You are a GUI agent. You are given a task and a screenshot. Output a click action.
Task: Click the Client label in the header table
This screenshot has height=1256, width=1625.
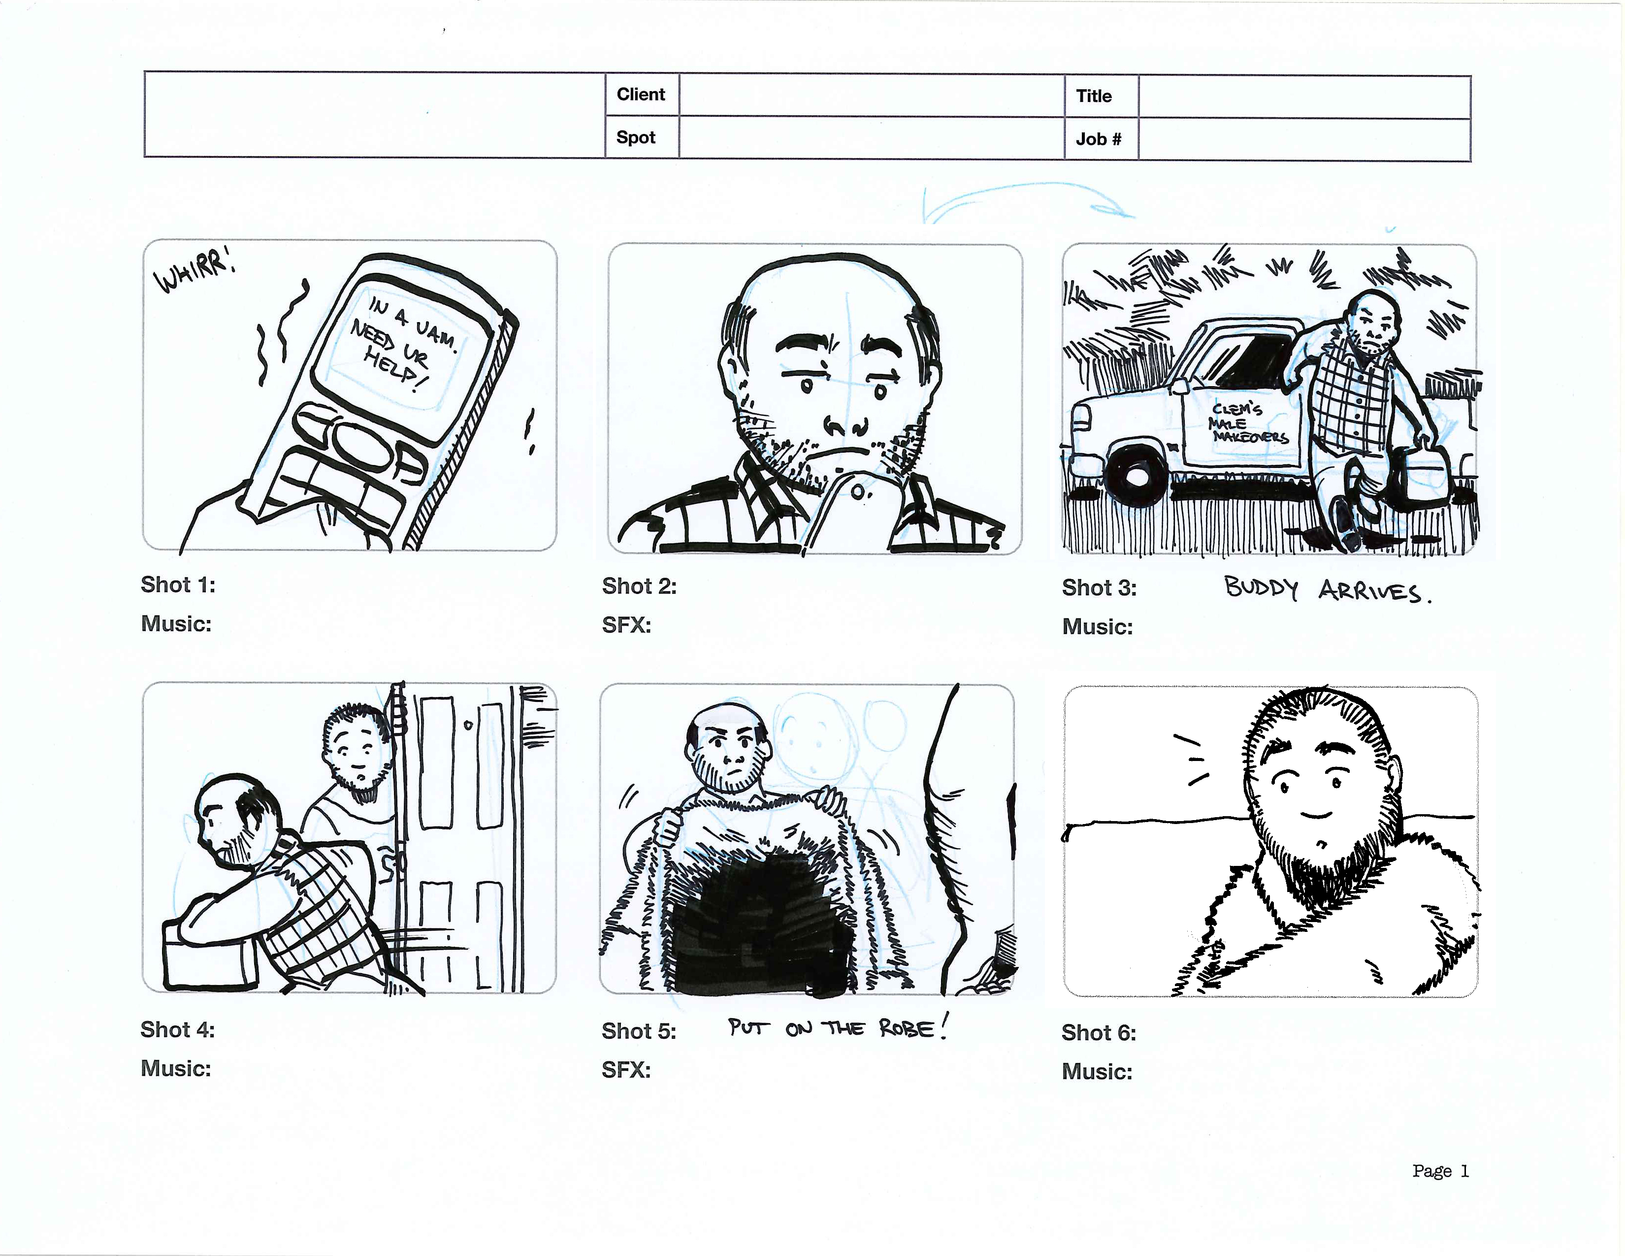[x=641, y=95]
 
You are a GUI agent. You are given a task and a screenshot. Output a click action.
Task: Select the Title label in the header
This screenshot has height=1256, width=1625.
[x=1093, y=96]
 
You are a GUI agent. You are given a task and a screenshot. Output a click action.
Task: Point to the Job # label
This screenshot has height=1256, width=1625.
[x=1098, y=139]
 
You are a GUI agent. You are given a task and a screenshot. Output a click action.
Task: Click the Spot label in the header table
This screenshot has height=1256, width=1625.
[x=635, y=137]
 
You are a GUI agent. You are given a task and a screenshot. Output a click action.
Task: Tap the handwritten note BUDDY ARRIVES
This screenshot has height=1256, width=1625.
[x=1328, y=590]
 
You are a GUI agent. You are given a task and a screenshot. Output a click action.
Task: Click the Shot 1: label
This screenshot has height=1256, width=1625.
[x=178, y=585]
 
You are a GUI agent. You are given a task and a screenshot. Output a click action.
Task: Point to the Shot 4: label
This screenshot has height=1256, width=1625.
[x=177, y=1030]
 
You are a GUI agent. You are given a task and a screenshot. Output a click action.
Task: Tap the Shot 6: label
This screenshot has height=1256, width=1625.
[x=1099, y=1033]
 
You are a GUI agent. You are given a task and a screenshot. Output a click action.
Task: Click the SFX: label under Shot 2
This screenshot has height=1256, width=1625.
[x=626, y=625]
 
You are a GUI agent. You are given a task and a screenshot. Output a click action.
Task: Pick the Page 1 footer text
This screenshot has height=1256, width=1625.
[x=1440, y=1171]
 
